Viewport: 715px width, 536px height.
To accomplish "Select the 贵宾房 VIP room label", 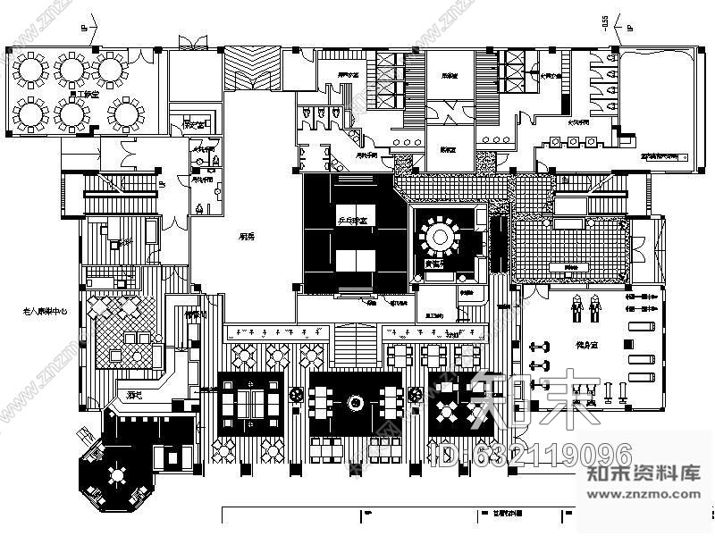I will click(x=436, y=263).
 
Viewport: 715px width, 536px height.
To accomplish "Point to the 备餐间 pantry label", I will click(x=196, y=314).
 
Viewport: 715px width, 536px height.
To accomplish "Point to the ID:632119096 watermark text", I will click(x=532, y=455).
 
